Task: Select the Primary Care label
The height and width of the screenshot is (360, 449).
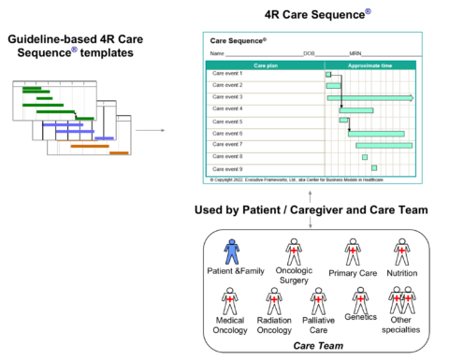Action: click(x=353, y=273)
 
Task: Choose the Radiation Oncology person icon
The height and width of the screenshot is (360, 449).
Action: click(x=275, y=300)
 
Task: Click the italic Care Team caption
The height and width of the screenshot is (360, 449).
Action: click(x=316, y=346)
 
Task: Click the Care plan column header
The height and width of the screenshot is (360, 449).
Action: click(x=267, y=65)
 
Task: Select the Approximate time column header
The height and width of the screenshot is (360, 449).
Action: click(x=371, y=65)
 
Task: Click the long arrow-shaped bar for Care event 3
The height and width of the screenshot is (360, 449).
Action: click(x=369, y=97)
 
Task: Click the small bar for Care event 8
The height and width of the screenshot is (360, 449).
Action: click(x=365, y=156)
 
